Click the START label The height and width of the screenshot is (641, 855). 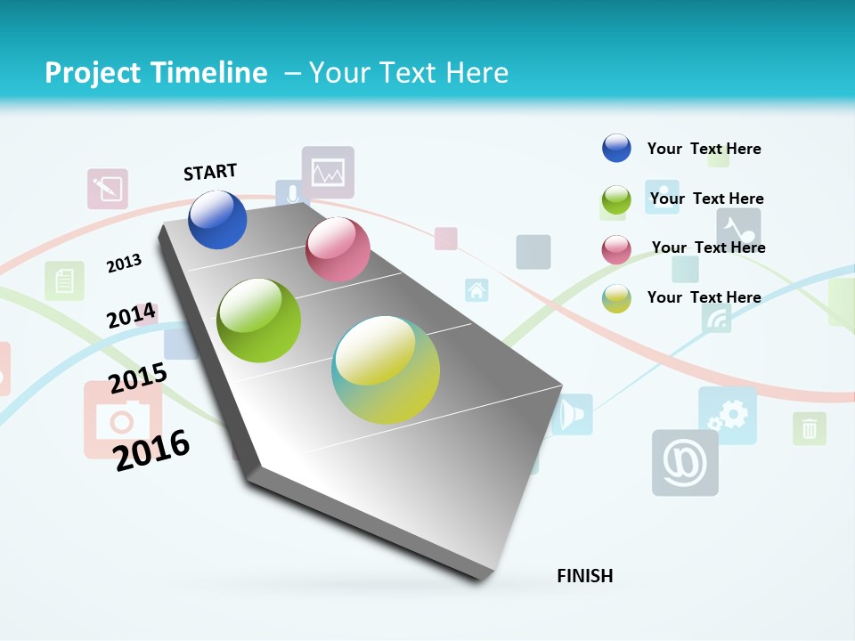coord(210,172)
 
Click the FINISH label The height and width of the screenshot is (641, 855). coord(585,576)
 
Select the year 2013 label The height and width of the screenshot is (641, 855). coord(125,263)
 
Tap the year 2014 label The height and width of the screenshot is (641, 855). coord(131,316)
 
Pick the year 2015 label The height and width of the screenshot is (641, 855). coord(138,378)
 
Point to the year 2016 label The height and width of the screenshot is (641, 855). coord(151,450)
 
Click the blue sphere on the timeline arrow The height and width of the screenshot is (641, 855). coord(217,219)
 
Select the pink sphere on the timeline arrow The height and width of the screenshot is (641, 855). coord(338,249)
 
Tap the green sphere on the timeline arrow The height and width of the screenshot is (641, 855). coord(258,320)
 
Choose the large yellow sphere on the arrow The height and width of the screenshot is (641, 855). coord(386,369)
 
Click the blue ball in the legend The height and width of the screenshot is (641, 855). coord(616,148)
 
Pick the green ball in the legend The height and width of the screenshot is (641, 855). coord(616,199)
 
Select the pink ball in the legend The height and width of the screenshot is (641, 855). coord(616,248)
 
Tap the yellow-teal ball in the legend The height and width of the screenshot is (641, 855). coord(616,298)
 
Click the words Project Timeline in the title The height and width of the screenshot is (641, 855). coord(156,73)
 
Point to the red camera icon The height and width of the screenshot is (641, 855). coord(123,419)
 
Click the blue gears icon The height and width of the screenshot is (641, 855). coord(728,415)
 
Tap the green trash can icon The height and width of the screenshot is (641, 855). coord(809,429)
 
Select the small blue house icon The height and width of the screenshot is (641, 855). coord(476,290)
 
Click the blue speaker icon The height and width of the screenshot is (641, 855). coord(572,414)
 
